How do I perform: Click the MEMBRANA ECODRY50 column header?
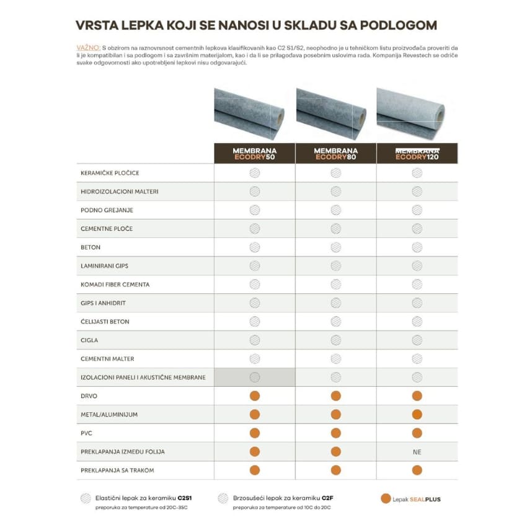(x=254, y=154)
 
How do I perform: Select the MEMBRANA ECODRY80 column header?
(x=335, y=154)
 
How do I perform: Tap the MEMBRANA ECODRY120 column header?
(x=417, y=154)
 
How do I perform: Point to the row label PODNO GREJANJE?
(x=107, y=210)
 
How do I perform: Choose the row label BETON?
(x=91, y=247)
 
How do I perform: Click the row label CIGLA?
(x=89, y=340)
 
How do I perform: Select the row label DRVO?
(x=89, y=396)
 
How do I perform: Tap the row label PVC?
(x=87, y=433)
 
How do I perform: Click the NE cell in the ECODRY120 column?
(x=417, y=452)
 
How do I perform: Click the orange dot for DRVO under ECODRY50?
(x=254, y=396)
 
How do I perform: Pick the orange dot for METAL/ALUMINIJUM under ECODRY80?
(x=335, y=414)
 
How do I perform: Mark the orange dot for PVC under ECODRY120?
(x=417, y=433)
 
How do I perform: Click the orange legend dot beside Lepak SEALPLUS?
(x=386, y=498)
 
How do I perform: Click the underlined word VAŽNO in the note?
(x=87, y=47)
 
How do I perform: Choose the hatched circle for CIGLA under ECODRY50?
(x=254, y=340)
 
